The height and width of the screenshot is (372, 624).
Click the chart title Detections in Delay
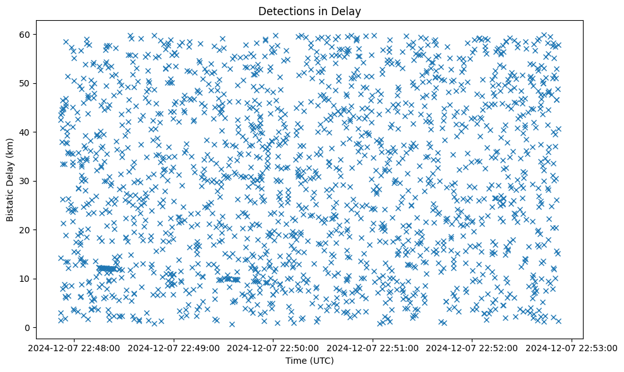coord(310,11)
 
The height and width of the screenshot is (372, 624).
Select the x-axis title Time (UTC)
coord(310,361)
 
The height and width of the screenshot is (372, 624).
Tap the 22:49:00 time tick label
coord(174,347)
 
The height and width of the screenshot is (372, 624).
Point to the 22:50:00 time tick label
coord(273,347)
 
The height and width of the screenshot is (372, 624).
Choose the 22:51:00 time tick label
coord(373,347)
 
